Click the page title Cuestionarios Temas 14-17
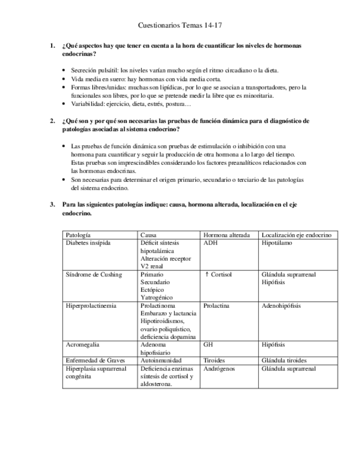179,25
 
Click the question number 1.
52,46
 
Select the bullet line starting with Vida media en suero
146,79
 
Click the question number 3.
52,204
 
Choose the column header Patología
79,235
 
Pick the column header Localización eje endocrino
296,235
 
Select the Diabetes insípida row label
88,242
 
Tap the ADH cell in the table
210,242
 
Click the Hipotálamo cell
277,242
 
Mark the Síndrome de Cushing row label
93,274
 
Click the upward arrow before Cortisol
207,274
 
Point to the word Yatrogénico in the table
157,297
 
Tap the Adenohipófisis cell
281,306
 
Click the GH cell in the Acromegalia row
208,345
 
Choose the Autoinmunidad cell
161,360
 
